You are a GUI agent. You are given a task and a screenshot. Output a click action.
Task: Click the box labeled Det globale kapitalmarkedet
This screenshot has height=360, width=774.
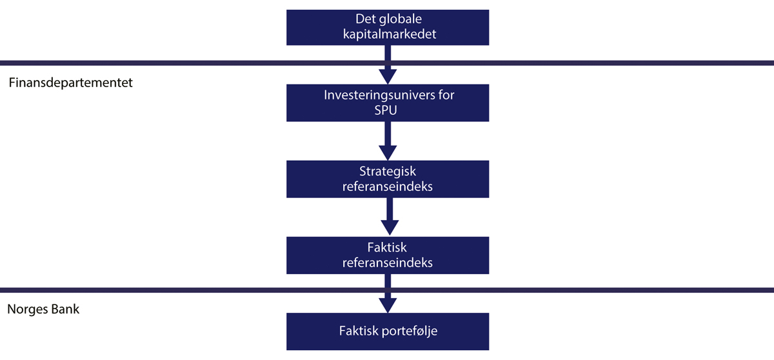(387, 27)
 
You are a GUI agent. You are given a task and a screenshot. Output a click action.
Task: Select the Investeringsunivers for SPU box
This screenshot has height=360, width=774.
(387, 103)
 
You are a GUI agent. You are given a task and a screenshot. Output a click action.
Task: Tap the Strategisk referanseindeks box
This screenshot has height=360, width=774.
(387, 179)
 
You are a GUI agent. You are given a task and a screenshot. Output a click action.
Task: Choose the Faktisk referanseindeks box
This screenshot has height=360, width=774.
(387, 255)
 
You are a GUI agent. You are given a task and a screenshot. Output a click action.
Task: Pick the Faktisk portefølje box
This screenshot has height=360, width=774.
(387, 332)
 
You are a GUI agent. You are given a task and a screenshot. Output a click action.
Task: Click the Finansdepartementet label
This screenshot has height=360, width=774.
(71, 83)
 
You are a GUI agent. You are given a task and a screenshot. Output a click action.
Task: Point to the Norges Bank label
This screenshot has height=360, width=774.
(43, 309)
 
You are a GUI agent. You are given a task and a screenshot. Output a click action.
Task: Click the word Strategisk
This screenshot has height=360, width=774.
(387, 172)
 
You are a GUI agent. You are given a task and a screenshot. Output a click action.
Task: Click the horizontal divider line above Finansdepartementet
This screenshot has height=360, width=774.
(193, 63)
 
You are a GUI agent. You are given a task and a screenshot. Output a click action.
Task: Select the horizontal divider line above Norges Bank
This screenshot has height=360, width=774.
(193, 290)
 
